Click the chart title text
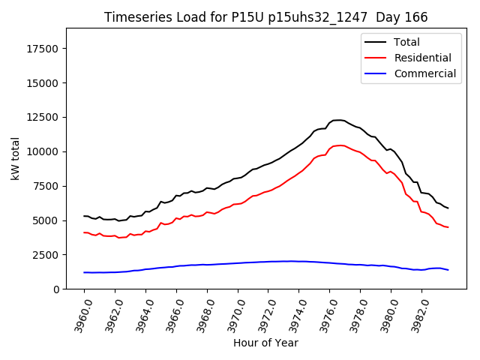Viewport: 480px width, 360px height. [x=266, y=17]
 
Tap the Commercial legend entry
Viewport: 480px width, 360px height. [x=424, y=73]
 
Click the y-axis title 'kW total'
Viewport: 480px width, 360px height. [x=15, y=158]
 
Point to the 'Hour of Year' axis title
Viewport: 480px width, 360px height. [x=265, y=343]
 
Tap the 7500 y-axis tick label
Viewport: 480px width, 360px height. [x=47, y=187]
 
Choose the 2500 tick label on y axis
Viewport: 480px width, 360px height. [x=47, y=255]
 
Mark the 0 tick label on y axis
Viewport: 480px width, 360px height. [x=57, y=289]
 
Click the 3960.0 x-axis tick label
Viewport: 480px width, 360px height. [x=78, y=313]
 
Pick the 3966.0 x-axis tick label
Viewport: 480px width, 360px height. [x=170, y=313]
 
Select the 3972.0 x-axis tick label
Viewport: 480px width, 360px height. [x=262, y=313]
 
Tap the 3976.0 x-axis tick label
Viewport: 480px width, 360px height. [x=323, y=313]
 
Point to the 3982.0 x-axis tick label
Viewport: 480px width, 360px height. [x=415, y=313]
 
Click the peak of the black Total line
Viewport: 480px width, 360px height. [x=337, y=120]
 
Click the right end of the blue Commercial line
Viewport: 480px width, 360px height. [x=448, y=270]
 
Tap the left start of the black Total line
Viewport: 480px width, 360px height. [x=84, y=216]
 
